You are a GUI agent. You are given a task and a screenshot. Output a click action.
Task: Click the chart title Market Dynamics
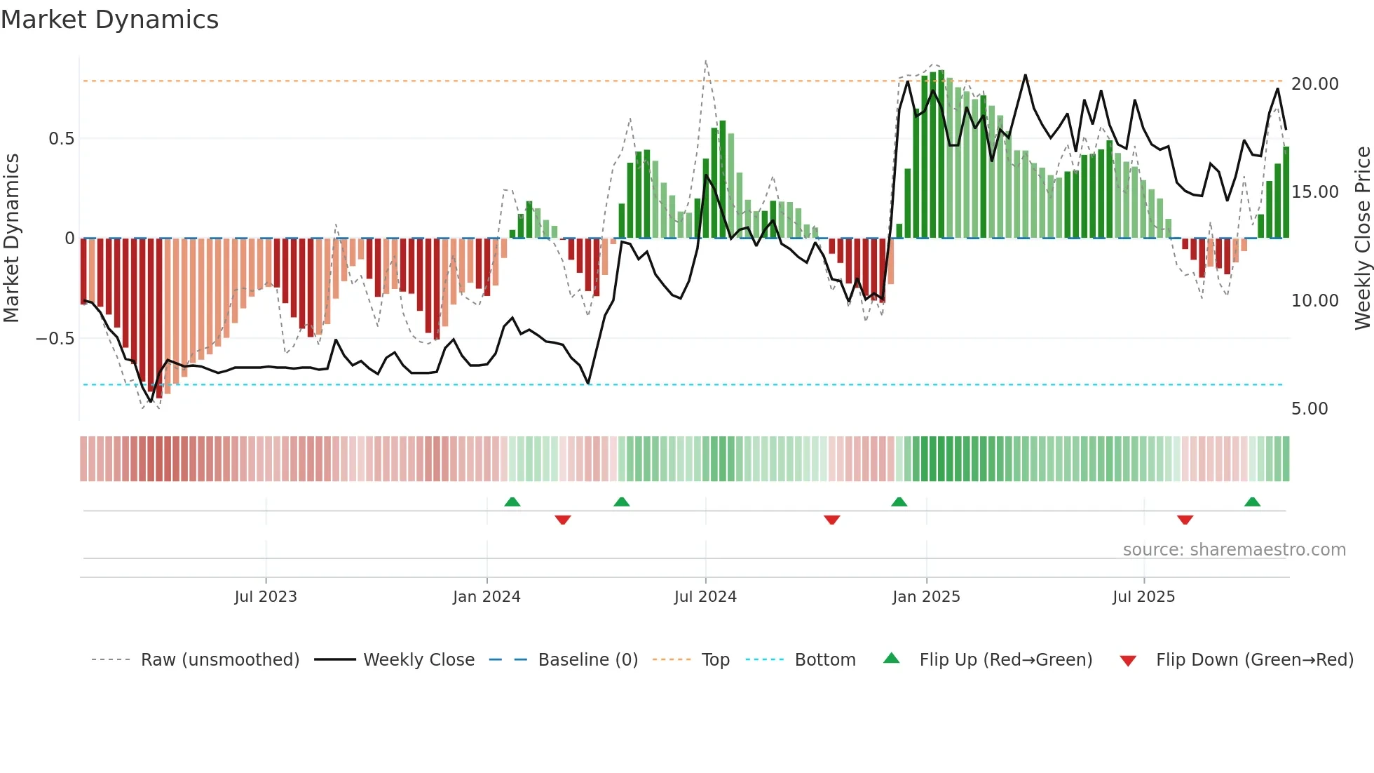(x=110, y=20)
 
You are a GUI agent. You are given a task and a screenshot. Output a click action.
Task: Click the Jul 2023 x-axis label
(x=266, y=597)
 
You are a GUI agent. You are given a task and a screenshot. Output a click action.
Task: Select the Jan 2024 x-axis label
(x=487, y=597)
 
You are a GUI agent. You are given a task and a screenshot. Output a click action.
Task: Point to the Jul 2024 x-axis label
(x=705, y=597)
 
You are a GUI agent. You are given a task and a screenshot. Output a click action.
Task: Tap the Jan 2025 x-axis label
(x=926, y=597)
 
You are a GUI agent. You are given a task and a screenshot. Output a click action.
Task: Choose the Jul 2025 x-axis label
(x=1143, y=597)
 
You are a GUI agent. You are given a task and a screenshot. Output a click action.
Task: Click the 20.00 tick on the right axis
(x=1314, y=84)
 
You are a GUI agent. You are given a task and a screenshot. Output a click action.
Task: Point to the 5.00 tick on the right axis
(x=1310, y=409)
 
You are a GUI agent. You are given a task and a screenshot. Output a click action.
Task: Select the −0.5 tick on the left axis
(x=55, y=339)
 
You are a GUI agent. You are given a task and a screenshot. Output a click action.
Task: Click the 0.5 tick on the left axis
(x=61, y=139)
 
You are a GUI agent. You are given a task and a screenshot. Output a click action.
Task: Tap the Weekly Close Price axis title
(x=1362, y=238)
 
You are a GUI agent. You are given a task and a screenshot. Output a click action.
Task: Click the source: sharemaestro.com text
(x=1234, y=550)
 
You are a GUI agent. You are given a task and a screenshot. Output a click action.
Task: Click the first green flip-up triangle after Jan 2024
(x=512, y=502)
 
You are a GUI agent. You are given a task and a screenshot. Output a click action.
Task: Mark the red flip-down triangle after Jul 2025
(x=1185, y=520)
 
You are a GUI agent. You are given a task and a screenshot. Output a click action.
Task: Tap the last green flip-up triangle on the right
(x=1252, y=502)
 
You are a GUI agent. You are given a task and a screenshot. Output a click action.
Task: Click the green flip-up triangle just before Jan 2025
(x=899, y=502)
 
